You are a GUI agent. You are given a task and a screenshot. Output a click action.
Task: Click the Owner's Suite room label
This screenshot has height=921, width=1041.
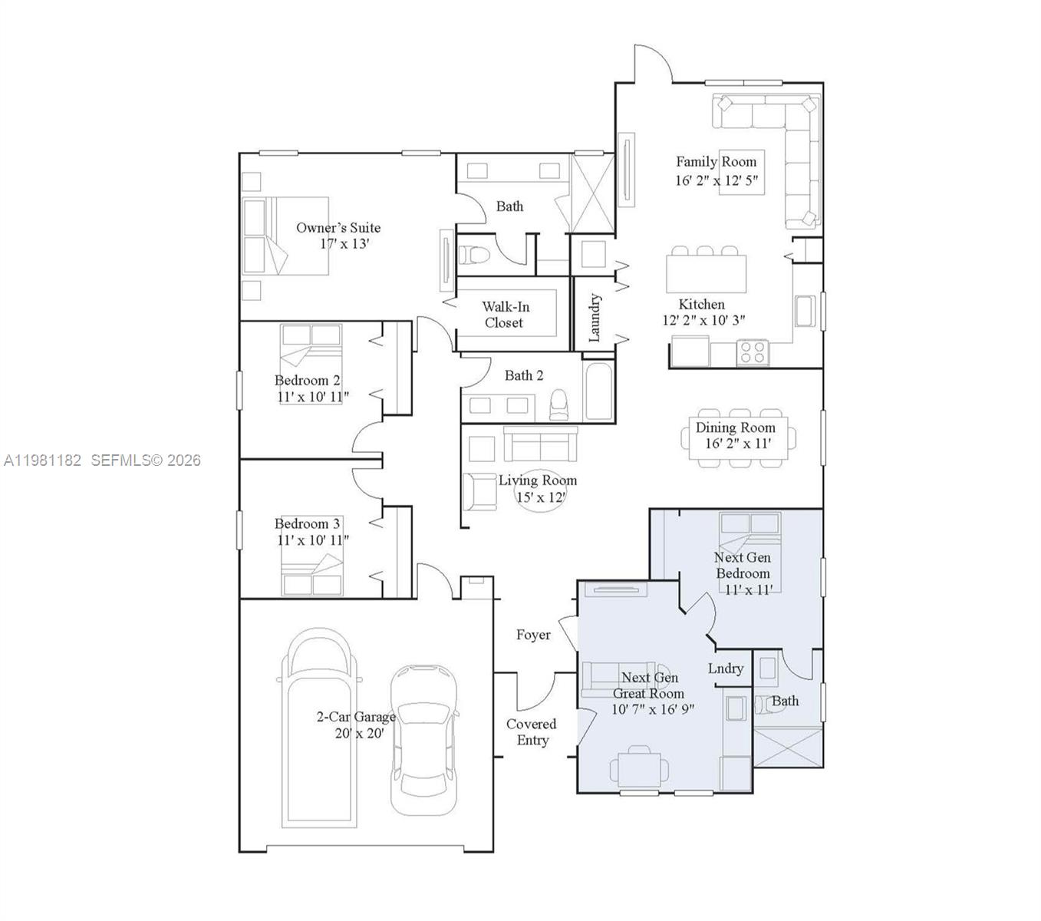pos(338,228)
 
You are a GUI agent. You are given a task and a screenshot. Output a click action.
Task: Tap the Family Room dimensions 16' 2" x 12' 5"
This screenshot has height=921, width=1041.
pos(717,180)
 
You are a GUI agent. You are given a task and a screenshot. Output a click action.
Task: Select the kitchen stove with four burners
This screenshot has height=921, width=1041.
pos(753,352)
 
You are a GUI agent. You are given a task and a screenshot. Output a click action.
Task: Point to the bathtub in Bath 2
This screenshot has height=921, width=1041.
pos(599,393)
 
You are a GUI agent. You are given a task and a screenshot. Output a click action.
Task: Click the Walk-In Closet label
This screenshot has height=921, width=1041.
pos(505,315)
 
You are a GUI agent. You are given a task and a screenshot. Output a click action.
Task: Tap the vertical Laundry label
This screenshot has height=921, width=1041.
pos(595,318)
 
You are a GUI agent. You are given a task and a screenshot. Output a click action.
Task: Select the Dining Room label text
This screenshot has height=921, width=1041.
pos(735,427)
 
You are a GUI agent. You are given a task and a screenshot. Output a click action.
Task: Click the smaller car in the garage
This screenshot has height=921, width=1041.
pos(423,738)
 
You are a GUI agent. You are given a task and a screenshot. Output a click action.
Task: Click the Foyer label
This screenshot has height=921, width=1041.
pos(533,635)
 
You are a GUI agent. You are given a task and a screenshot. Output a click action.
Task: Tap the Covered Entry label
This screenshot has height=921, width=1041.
pos(531,732)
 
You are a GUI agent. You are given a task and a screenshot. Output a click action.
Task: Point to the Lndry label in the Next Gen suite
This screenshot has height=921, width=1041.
pos(725,668)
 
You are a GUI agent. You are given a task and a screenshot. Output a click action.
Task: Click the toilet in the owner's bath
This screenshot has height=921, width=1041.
pos(477,255)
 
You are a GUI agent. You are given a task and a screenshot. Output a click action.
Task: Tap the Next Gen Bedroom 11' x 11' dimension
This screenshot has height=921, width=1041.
pos(749,589)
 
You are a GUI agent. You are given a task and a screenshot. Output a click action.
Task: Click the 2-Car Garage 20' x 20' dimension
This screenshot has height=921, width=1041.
pos(359,733)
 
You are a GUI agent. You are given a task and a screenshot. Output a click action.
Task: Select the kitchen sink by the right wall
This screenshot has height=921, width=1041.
pos(804,310)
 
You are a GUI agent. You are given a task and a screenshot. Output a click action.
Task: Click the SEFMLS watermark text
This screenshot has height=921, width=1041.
pos(146,460)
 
